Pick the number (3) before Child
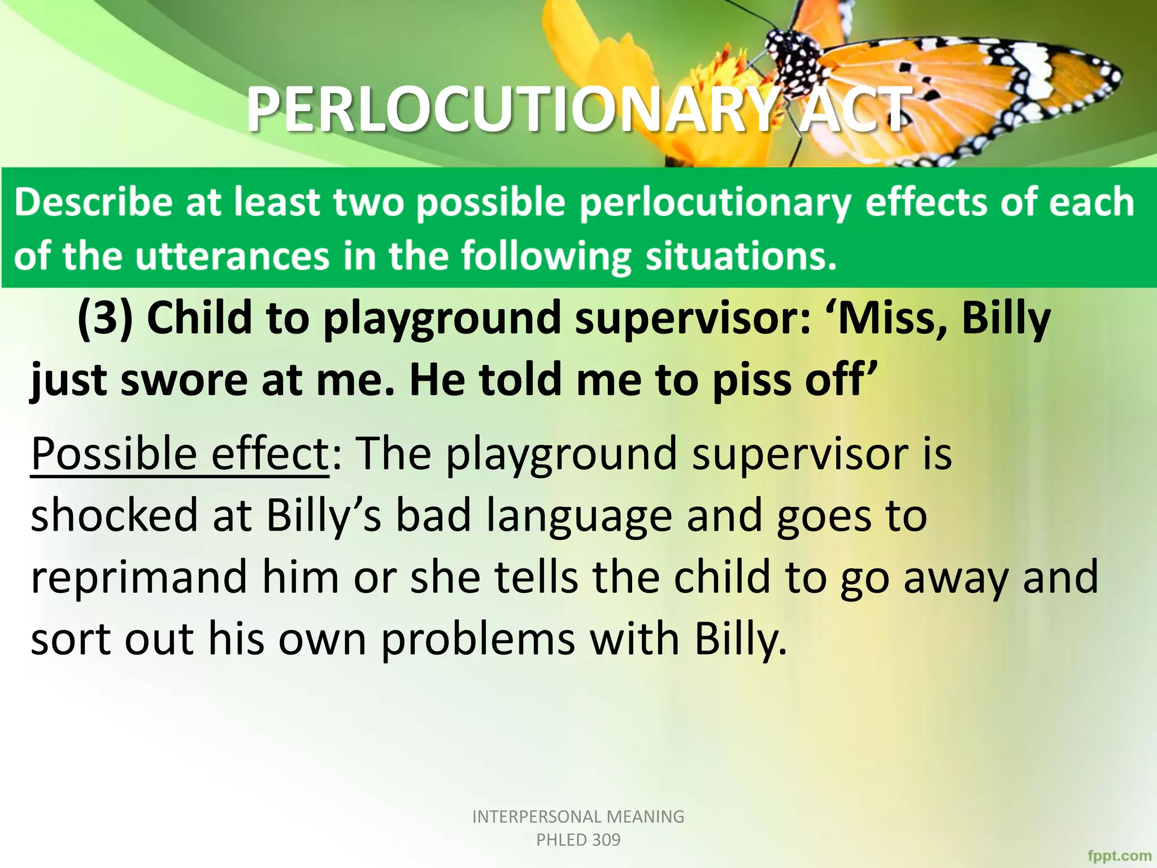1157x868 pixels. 105,318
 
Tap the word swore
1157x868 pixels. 184,380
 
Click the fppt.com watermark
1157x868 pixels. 1119,856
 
